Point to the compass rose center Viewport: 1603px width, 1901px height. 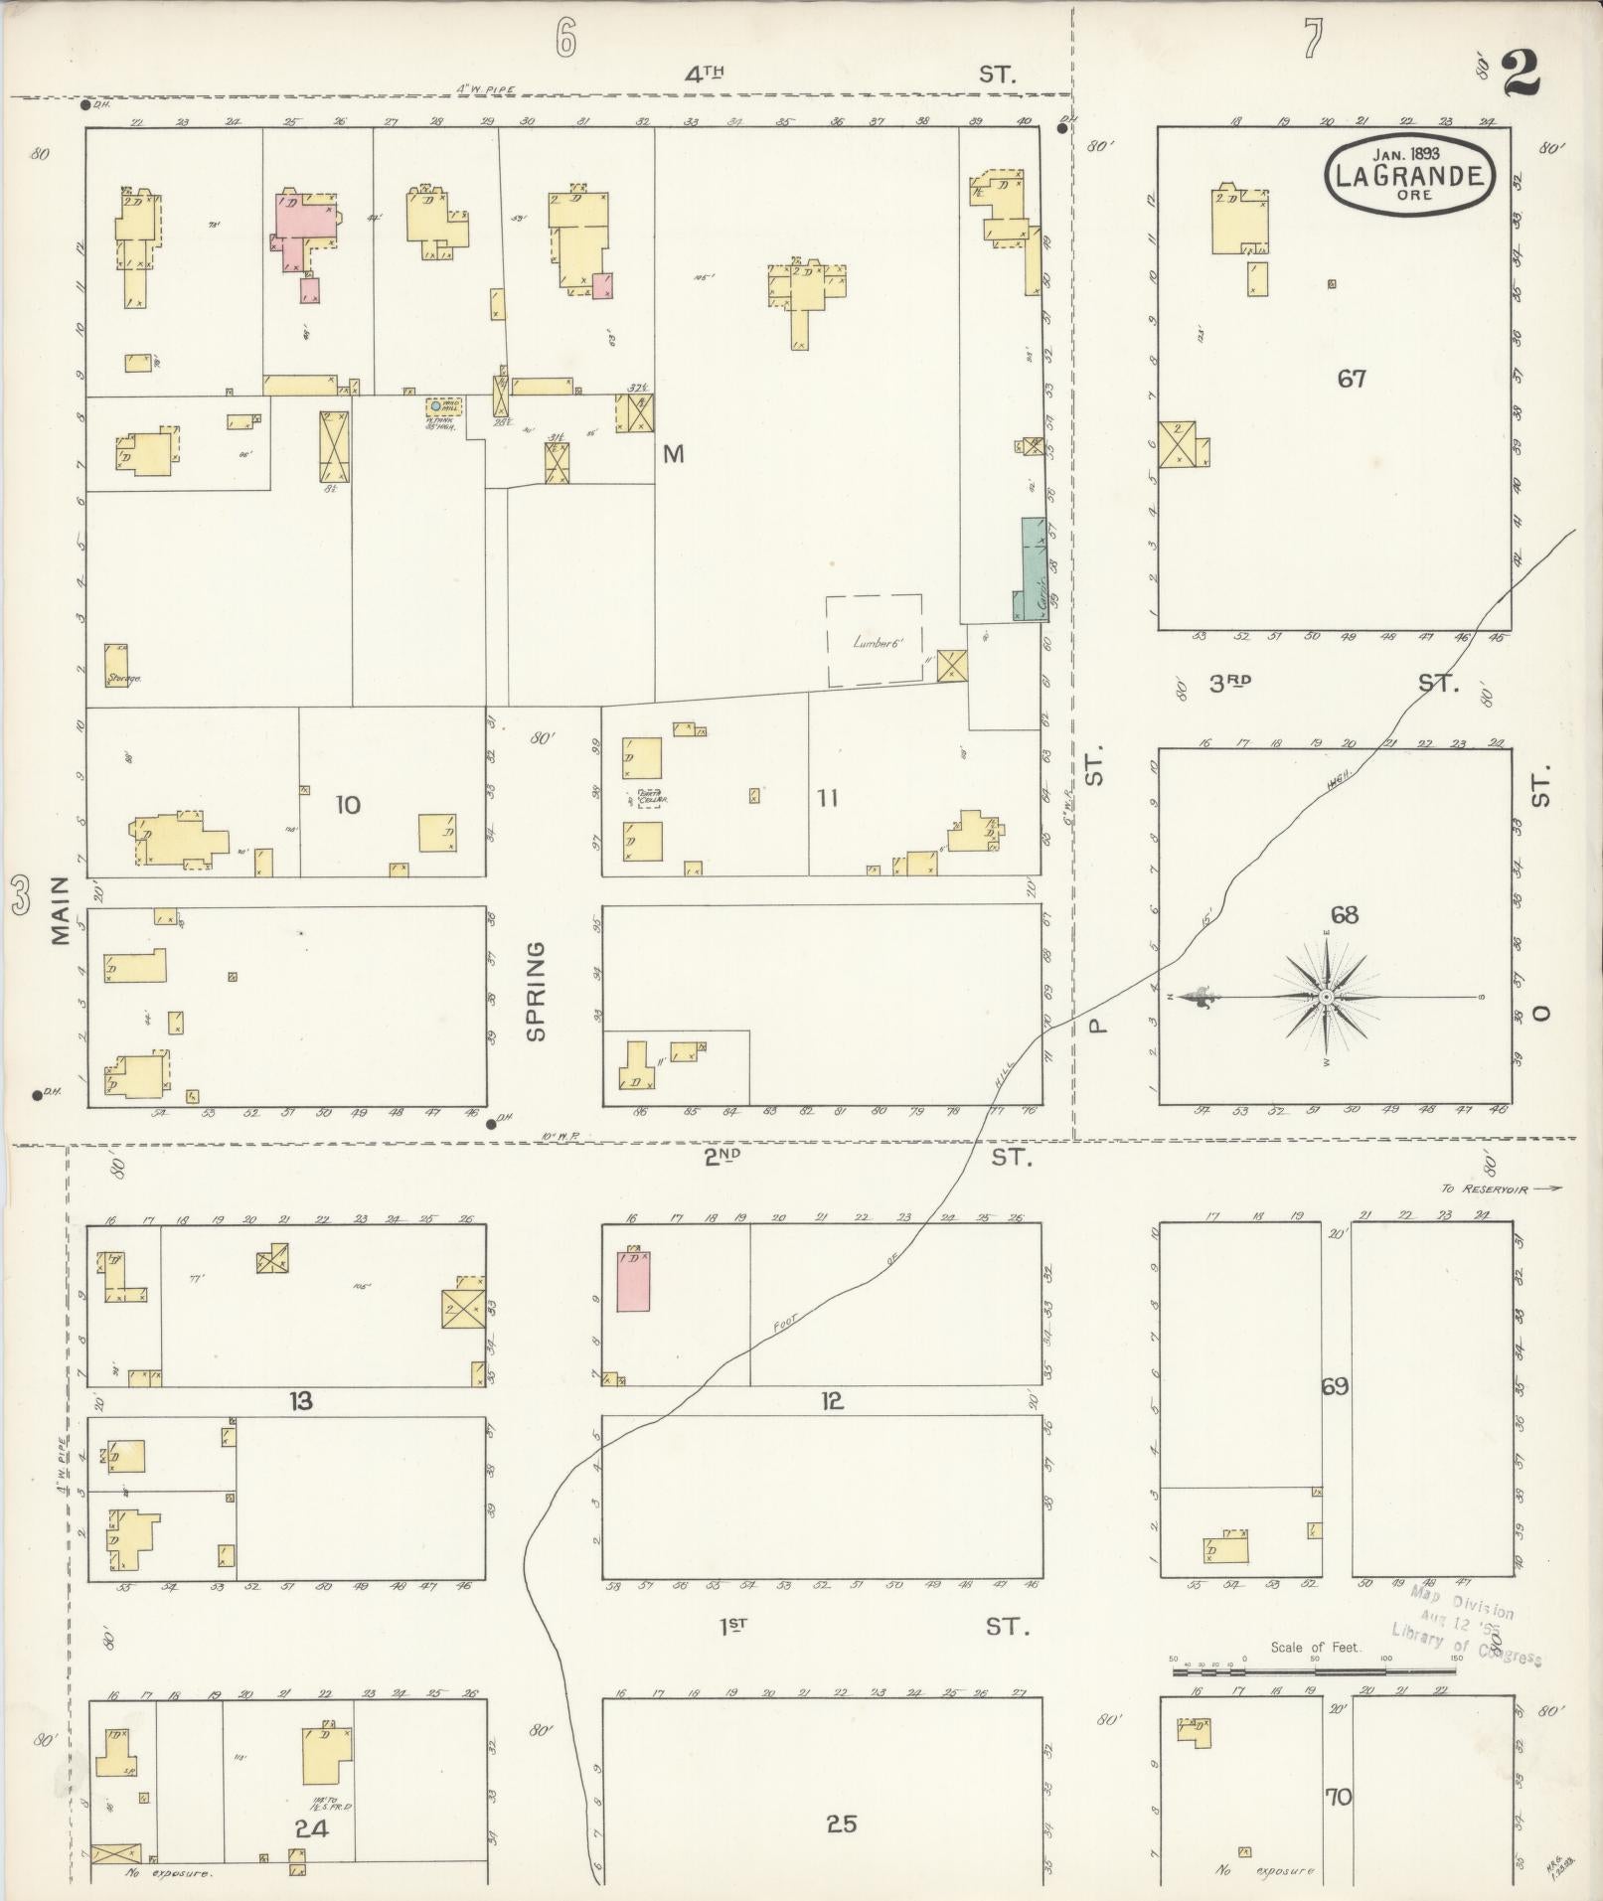pyautogui.click(x=1327, y=996)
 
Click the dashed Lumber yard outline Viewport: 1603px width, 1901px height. pyautogui.click(x=875, y=640)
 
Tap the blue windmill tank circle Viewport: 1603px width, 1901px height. pyautogui.click(x=435, y=405)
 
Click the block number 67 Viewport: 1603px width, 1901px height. pyautogui.click(x=1352, y=379)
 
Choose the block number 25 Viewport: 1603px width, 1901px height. pyautogui.click(x=841, y=1823)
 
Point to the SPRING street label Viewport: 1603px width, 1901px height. pyautogui.click(x=537, y=991)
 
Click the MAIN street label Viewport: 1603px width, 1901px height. pyautogui.click(x=60, y=909)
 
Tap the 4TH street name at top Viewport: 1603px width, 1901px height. pyautogui.click(x=704, y=73)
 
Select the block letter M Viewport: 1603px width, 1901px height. pyautogui.click(x=674, y=454)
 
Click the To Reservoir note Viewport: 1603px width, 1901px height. pyautogui.click(x=1501, y=1188)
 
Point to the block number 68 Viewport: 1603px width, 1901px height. pyautogui.click(x=1344, y=915)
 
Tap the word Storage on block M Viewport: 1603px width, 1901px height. pyautogui.click(x=123, y=679)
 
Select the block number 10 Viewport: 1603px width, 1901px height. pyautogui.click(x=348, y=804)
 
